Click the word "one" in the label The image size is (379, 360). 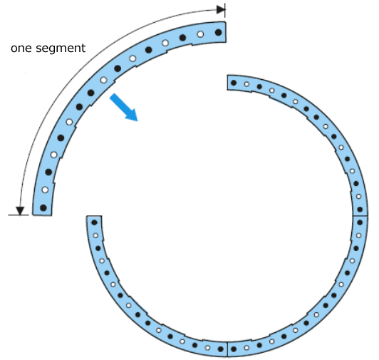21,48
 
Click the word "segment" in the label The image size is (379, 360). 61,48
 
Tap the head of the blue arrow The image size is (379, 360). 132,115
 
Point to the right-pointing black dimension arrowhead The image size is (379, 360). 221,10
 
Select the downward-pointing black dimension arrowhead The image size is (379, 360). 20,211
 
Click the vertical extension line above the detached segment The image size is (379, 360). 225,11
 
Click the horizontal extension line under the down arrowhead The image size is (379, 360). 19,215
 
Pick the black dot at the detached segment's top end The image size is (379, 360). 218,32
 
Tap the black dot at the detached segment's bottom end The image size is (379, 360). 43,207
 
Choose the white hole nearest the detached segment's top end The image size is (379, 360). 200,34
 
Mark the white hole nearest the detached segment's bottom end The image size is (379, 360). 45,190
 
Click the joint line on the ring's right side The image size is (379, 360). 360,215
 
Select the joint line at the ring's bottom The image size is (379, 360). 227,349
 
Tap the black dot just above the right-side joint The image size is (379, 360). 360,210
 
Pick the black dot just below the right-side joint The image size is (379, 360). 360,222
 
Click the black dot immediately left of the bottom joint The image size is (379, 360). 220,349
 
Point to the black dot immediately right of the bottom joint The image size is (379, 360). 234,349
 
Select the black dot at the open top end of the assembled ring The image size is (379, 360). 234,83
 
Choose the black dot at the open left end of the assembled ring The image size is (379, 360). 94,222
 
